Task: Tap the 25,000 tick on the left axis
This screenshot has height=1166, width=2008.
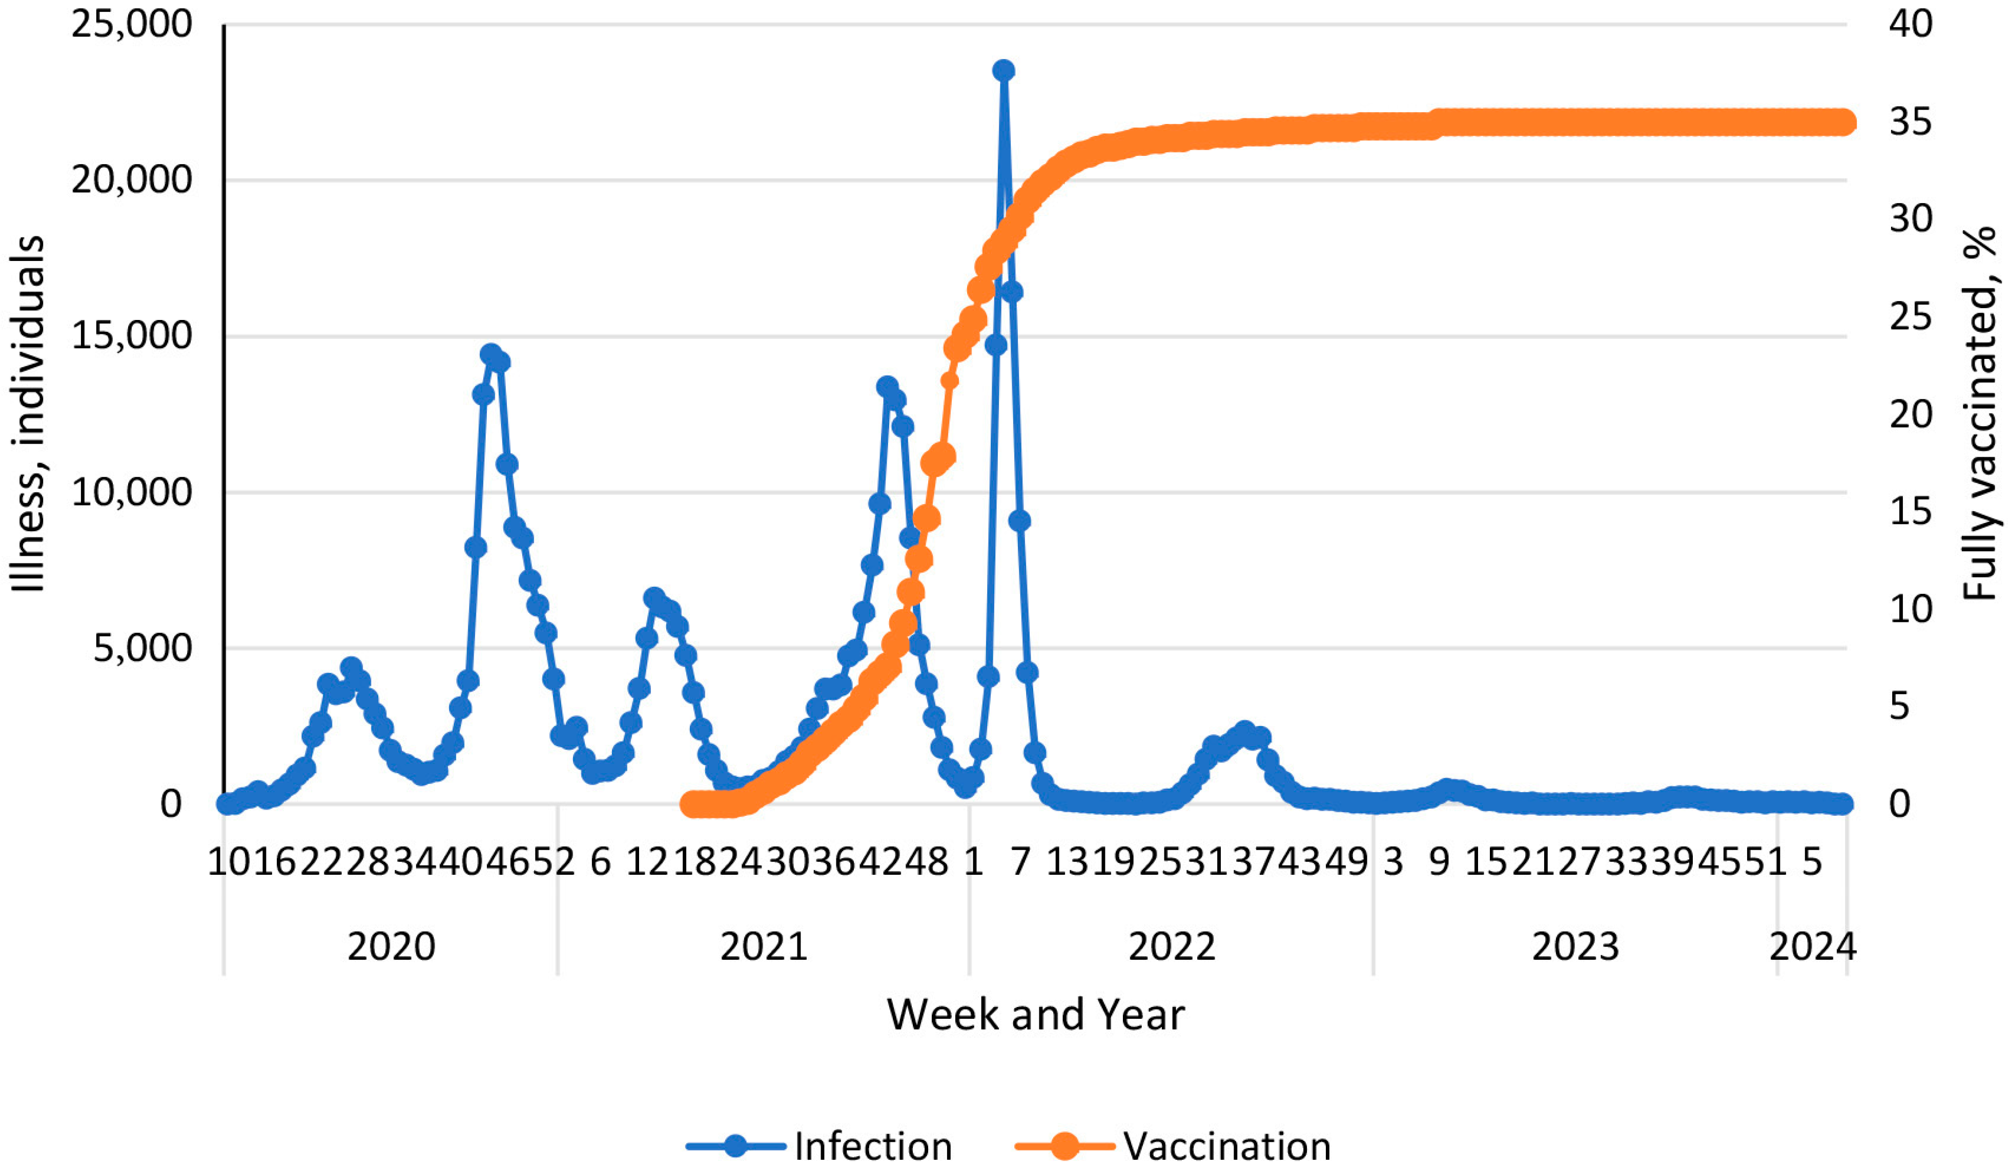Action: pos(132,24)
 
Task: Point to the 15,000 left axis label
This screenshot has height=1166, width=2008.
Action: pos(132,335)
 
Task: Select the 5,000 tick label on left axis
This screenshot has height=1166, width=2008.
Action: pos(142,648)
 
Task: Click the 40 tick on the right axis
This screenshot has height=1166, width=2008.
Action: pos(1910,24)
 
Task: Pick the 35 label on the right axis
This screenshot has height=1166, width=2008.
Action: pos(1910,122)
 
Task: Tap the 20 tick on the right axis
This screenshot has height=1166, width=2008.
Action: pos(1910,414)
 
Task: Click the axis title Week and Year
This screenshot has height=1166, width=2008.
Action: pos(1035,1015)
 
